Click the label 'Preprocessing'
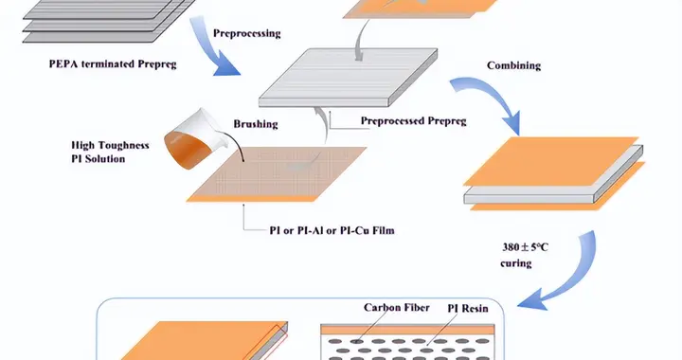click(246, 33)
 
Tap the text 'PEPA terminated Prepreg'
click(113, 63)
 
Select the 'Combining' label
click(513, 65)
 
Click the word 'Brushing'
click(256, 124)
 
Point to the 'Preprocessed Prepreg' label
click(413, 121)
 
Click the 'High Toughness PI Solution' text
click(110, 152)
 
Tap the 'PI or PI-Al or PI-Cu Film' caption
click(332, 230)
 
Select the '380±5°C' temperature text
click(526, 247)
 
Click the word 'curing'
click(516, 263)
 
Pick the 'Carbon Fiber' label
click(397, 307)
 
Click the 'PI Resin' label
click(468, 308)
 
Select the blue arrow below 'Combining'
click(491, 99)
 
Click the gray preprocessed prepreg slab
click(348, 78)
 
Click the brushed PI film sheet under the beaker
click(277, 174)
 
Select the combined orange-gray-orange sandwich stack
click(554, 174)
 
